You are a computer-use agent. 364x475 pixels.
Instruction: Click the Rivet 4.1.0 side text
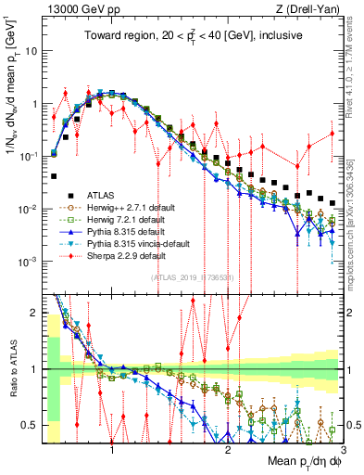click(x=352, y=74)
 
